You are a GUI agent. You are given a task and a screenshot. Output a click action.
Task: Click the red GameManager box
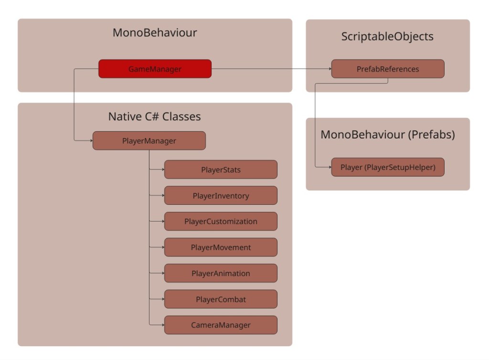(x=155, y=69)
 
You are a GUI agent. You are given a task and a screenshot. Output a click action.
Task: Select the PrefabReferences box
(x=388, y=69)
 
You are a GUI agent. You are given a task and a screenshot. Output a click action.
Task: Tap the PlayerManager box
(x=149, y=141)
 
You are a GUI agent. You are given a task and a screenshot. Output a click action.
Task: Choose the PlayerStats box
(x=221, y=169)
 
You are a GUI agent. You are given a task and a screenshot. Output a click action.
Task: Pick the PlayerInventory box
(x=221, y=196)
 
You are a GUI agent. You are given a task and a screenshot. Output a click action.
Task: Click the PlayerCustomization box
(x=221, y=222)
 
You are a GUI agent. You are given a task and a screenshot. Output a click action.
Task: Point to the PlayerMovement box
(x=221, y=247)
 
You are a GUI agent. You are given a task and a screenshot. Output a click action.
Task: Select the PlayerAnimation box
(x=221, y=273)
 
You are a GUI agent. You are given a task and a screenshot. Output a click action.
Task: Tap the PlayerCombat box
(x=221, y=299)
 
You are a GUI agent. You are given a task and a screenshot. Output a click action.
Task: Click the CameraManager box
(x=221, y=325)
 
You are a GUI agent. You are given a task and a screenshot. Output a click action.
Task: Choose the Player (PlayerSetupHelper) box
(x=388, y=167)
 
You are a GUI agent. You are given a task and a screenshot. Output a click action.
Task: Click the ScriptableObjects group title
(x=387, y=37)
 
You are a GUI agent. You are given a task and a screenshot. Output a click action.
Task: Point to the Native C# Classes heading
(x=154, y=116)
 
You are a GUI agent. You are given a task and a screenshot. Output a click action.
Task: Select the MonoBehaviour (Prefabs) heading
(x=387, y=135)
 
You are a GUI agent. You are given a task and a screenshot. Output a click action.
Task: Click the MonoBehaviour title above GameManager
(x=155, y=33)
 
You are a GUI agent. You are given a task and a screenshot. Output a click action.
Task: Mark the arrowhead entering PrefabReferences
(x=329, y=69)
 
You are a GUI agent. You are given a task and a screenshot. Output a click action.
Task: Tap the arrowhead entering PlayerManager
(x=90, y=141)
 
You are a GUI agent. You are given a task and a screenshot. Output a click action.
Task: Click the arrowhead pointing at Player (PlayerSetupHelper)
(x=329, y=167)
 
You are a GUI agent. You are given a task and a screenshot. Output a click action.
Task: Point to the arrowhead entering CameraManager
(x=162, y=325)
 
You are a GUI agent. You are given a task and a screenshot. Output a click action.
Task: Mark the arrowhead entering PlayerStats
(x=162, y=169)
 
